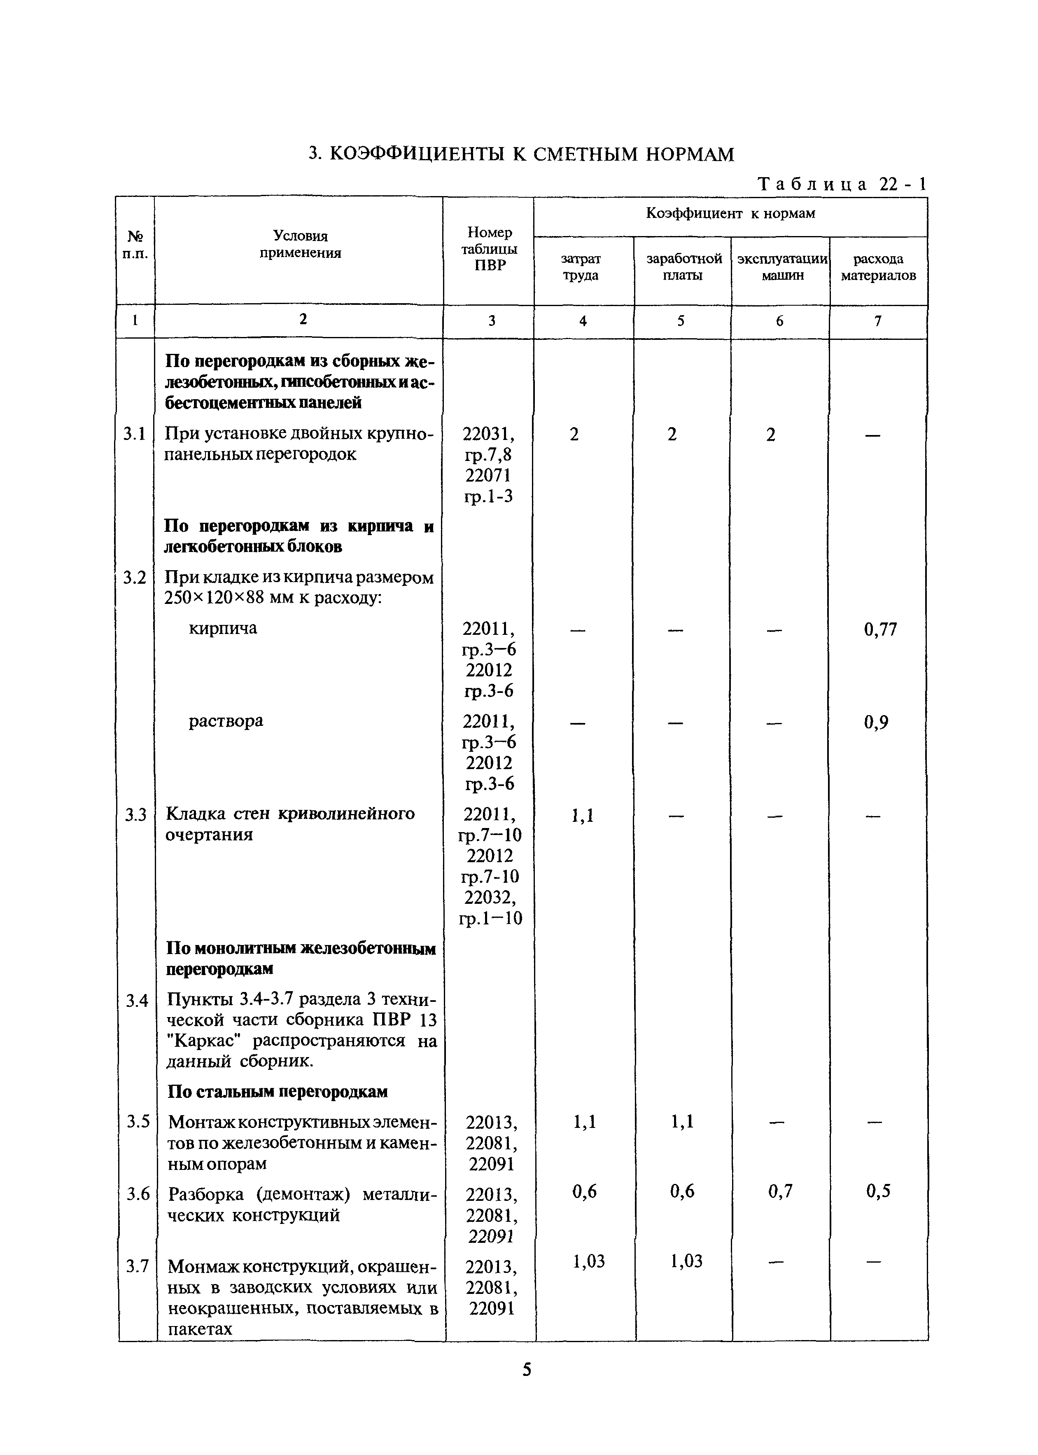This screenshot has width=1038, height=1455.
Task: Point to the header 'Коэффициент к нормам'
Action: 730,214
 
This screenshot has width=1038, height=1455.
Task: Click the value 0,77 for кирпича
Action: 880,630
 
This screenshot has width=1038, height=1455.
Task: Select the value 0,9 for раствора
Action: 876,723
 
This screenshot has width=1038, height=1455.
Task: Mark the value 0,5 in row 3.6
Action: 878,1191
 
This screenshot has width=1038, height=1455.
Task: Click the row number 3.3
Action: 135,815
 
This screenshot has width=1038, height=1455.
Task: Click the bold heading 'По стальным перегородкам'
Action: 278,1092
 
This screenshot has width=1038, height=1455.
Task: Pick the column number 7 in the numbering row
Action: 877,321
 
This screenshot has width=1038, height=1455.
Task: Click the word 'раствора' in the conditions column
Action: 226,721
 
